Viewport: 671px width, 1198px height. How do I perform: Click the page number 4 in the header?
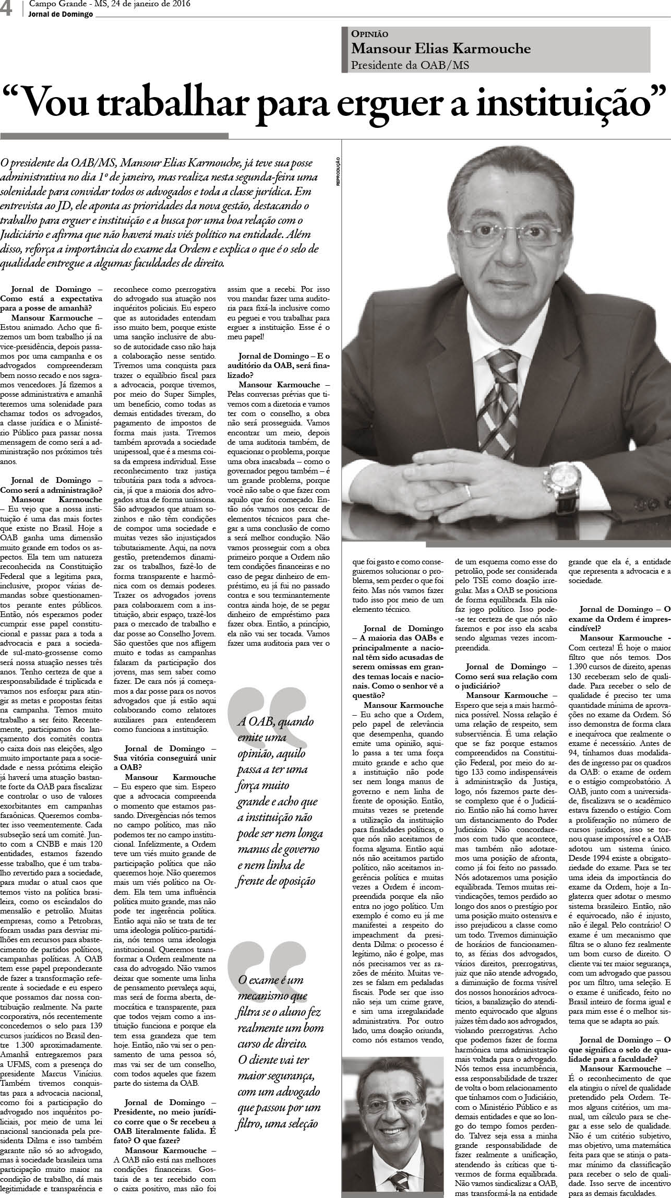click(7, 10)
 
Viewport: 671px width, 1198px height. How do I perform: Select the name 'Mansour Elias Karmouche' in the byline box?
click(441, 49)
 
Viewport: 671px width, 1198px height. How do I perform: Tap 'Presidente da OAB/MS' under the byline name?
click(410, 65)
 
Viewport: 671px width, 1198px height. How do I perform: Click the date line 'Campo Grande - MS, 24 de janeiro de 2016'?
click(110, 5)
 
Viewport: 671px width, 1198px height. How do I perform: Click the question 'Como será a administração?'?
click(51, 490)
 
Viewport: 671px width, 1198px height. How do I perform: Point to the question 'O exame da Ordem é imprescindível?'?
click(619, 624)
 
